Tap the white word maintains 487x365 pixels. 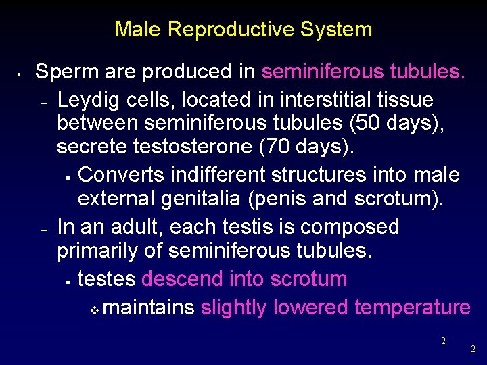coord(149,308)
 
